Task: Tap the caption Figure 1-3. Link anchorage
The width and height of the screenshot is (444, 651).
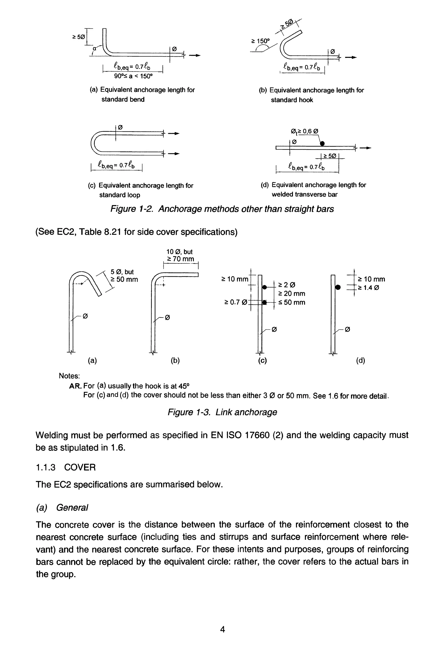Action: click(x=222, y=412)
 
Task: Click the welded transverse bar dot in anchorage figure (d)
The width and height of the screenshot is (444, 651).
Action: click(x=322, y=144)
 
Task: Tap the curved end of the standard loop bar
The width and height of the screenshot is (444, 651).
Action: click(x=94, y=142)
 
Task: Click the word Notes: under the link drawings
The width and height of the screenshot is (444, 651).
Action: click(x=69, y=376)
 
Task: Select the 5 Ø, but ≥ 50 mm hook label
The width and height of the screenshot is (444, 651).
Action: click(x=124, y=275)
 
